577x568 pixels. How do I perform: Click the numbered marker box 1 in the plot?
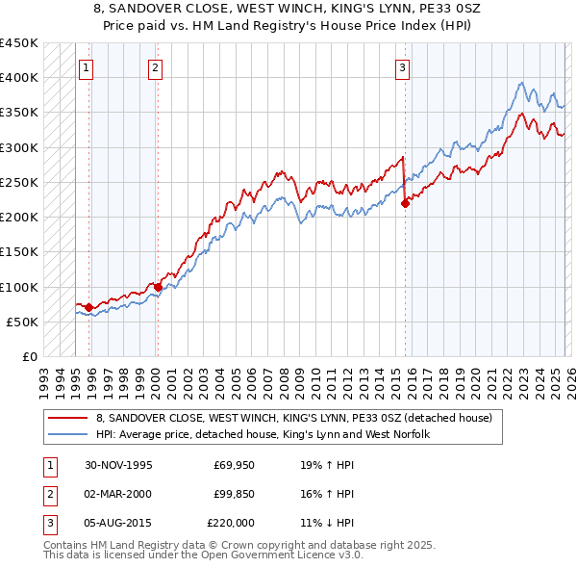click(x=87, y=67)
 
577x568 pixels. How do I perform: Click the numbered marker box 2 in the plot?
click(x=155, y=67)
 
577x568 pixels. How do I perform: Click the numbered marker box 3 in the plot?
click(x=402, y=67)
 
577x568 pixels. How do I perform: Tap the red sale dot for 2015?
click(x=406, y=202)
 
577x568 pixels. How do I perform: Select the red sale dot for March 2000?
click(x=158, y=287)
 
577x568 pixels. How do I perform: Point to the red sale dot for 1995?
click(x=89, y=307)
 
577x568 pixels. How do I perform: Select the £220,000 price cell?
click(x=231, y=523)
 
